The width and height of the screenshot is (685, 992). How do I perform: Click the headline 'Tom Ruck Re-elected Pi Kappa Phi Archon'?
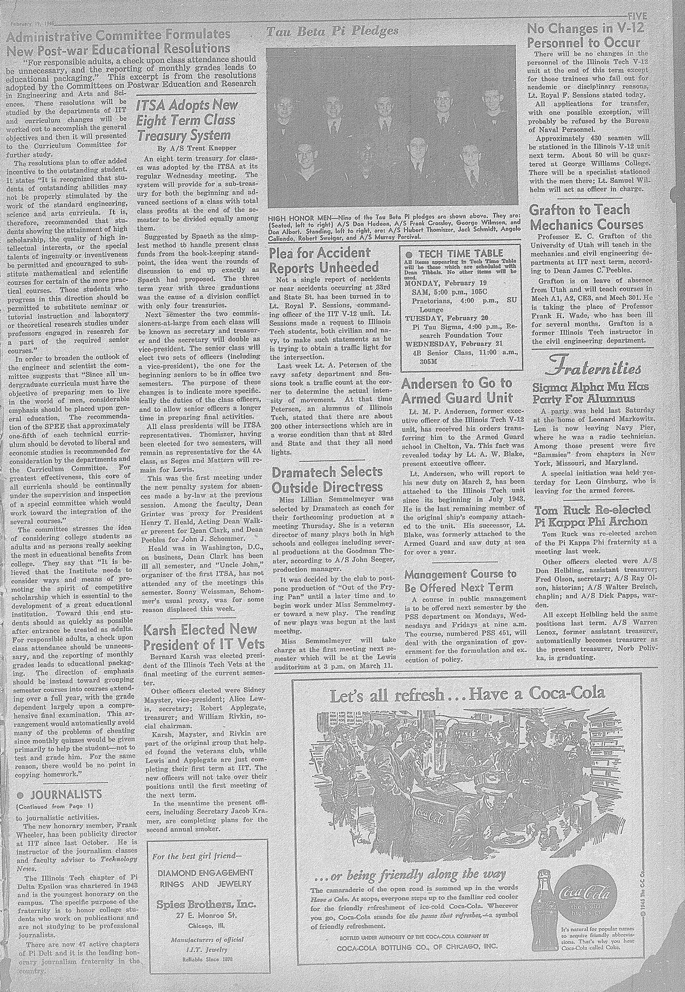coord(592,515)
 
